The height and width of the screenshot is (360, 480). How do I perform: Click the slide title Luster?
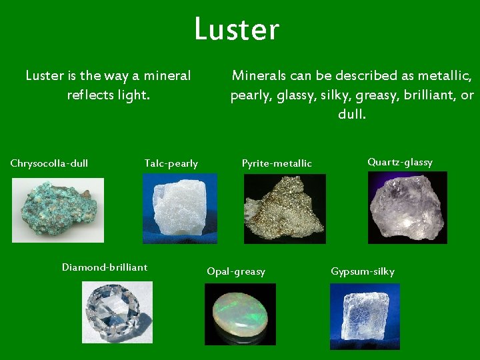coord(237,30)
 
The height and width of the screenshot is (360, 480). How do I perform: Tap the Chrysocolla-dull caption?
coord(49,163)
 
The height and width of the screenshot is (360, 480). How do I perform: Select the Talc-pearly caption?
coord(171,164)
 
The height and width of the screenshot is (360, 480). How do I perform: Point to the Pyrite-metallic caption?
coord(277,163)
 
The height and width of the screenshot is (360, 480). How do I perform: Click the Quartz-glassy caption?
coord(400,162)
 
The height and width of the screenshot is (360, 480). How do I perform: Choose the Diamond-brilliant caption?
coord(105,267)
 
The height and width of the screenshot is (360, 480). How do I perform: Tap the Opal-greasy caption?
coord(236,271)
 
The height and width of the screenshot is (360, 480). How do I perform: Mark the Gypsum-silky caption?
coord(363,271)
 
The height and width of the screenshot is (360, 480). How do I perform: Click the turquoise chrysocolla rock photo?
coord(58,209)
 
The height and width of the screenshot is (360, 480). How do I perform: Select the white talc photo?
coord(180,209)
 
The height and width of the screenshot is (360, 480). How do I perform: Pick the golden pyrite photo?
coord(285,209)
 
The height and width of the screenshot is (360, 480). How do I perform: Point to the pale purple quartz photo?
coord(407,207)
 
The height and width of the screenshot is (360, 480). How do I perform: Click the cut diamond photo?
coord(117,312)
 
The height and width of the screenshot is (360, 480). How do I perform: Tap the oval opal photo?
coord(240,314)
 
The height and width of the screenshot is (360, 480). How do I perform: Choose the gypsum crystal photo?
coord(365,313)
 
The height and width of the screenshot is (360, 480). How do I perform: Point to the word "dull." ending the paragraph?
coord(352,115)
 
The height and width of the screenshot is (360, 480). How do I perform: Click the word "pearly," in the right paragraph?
coord(250,95)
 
